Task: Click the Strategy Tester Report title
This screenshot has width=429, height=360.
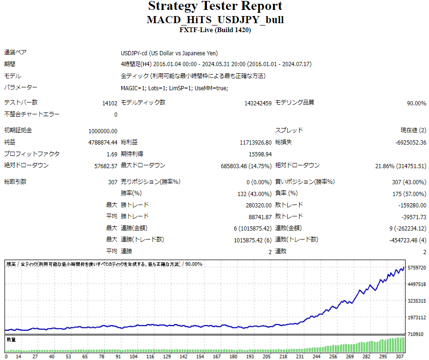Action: (215, 7)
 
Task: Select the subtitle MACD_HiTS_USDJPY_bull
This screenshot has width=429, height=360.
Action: (215, 20)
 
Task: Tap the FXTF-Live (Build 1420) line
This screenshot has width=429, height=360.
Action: (215, 30)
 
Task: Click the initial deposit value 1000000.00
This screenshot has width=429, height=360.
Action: (103, 131)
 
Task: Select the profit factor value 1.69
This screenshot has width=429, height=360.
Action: (112, 154)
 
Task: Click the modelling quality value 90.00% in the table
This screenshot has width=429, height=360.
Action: (416, 103)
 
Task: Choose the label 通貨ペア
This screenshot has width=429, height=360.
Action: (16, 53)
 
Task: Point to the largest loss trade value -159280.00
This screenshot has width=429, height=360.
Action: (412, 206)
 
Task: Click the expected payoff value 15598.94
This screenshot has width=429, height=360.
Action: (260, 154)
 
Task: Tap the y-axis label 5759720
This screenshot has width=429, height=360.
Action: (416, 268)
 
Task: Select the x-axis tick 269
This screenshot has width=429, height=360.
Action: (350, 356)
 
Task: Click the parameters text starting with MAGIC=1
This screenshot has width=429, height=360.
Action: (174, 88)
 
